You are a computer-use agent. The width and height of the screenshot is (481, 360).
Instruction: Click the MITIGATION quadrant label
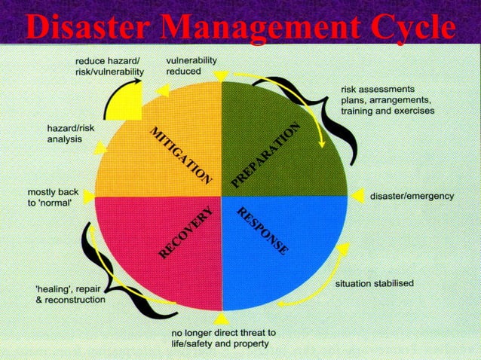coord(180,155)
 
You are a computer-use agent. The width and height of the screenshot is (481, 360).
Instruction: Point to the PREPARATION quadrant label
coord(265,154)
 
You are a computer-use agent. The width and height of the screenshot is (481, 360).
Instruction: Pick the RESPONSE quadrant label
coord(262,230)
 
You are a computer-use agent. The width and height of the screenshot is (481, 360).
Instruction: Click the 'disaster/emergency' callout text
coord(412,196)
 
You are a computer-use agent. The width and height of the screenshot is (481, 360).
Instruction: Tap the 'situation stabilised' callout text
coord(374,283)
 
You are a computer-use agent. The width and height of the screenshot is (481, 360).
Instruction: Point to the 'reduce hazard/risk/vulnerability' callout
coord(109,66)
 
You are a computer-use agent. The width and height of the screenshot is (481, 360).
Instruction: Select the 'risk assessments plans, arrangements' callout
coord(387,99)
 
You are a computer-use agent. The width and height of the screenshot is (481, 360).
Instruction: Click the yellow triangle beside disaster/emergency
coord(357,196)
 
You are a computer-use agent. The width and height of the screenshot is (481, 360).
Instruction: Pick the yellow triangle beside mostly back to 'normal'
coord(89,196)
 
